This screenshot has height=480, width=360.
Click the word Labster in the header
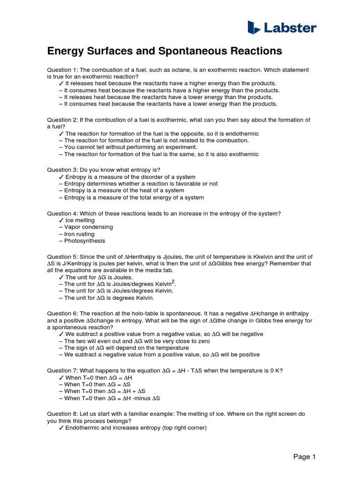coord(290,28)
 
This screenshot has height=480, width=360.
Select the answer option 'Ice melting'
coord(80,220)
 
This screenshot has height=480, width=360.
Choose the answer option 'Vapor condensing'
coord(88,227)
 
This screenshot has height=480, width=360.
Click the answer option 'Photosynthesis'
coord(84,241)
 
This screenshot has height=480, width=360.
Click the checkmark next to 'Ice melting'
coord(61,220)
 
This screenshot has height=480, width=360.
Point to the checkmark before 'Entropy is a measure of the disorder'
coord(61,177)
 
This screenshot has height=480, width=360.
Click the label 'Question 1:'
coord(63,70)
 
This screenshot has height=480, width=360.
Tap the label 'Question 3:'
coord(63,170)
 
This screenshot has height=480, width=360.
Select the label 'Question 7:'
coord(63,370)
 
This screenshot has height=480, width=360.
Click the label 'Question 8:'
coord(63,414)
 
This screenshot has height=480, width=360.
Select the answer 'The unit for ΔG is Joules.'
coord(99,277)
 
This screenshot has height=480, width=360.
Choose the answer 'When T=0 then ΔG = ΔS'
coord(97,384)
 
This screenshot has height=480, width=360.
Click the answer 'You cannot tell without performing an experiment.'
coord(127,147)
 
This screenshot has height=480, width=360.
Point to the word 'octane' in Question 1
coord(170,70)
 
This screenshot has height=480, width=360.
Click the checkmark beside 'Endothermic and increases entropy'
coord(61,428)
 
